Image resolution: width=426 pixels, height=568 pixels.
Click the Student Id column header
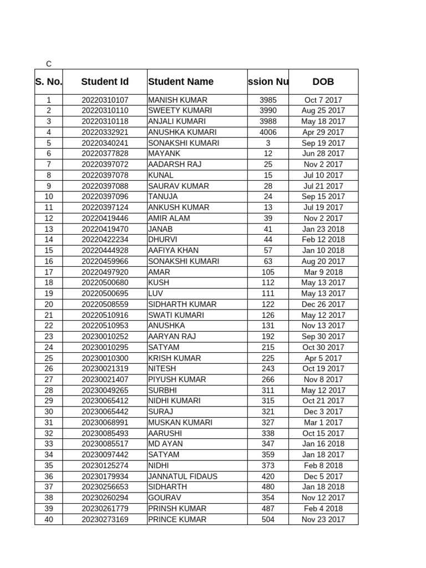point(105,82)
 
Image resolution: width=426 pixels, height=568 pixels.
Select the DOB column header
point(323,82)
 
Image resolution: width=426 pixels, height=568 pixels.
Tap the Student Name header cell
point(181,82)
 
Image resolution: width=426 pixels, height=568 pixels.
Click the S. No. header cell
point(49,82)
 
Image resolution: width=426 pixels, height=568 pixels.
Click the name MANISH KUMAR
point(177,100)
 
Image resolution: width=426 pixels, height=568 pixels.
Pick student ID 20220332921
point(105,132)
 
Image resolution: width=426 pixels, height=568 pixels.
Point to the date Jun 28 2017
point(323,154)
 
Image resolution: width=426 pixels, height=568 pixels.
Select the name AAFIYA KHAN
point(173,250)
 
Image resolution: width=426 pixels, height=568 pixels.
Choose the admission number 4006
point(268,132)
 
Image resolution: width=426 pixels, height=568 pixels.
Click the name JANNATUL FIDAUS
point(182,476)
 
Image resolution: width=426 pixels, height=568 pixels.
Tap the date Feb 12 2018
point(323,240)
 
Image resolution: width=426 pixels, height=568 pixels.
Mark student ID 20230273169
point(105,519)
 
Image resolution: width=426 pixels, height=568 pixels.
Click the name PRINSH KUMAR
point(177,509)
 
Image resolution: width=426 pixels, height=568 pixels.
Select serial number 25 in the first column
point(49,358)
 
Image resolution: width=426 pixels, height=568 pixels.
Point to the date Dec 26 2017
point(323,304)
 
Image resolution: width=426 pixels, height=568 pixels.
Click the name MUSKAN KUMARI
point(180,422)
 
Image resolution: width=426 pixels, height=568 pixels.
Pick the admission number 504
point(268,519)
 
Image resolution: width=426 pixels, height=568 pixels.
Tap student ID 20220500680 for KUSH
point(105,282)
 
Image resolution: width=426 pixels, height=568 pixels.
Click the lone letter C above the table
point(49,64)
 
